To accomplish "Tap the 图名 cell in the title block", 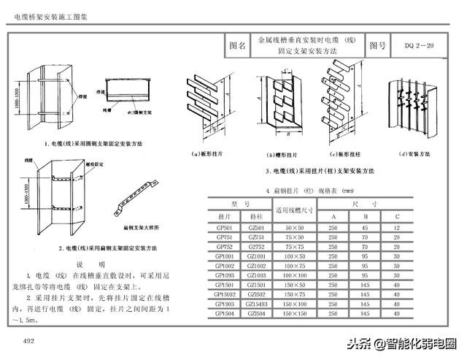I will pyautogui.click(x=237, y=46).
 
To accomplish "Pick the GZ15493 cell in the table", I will pyautogui.click(x=256, y=303).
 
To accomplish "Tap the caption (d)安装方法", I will pyautogui.click(x=413, y=155).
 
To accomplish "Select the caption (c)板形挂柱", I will pyautogui.click(x=347, y=155).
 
